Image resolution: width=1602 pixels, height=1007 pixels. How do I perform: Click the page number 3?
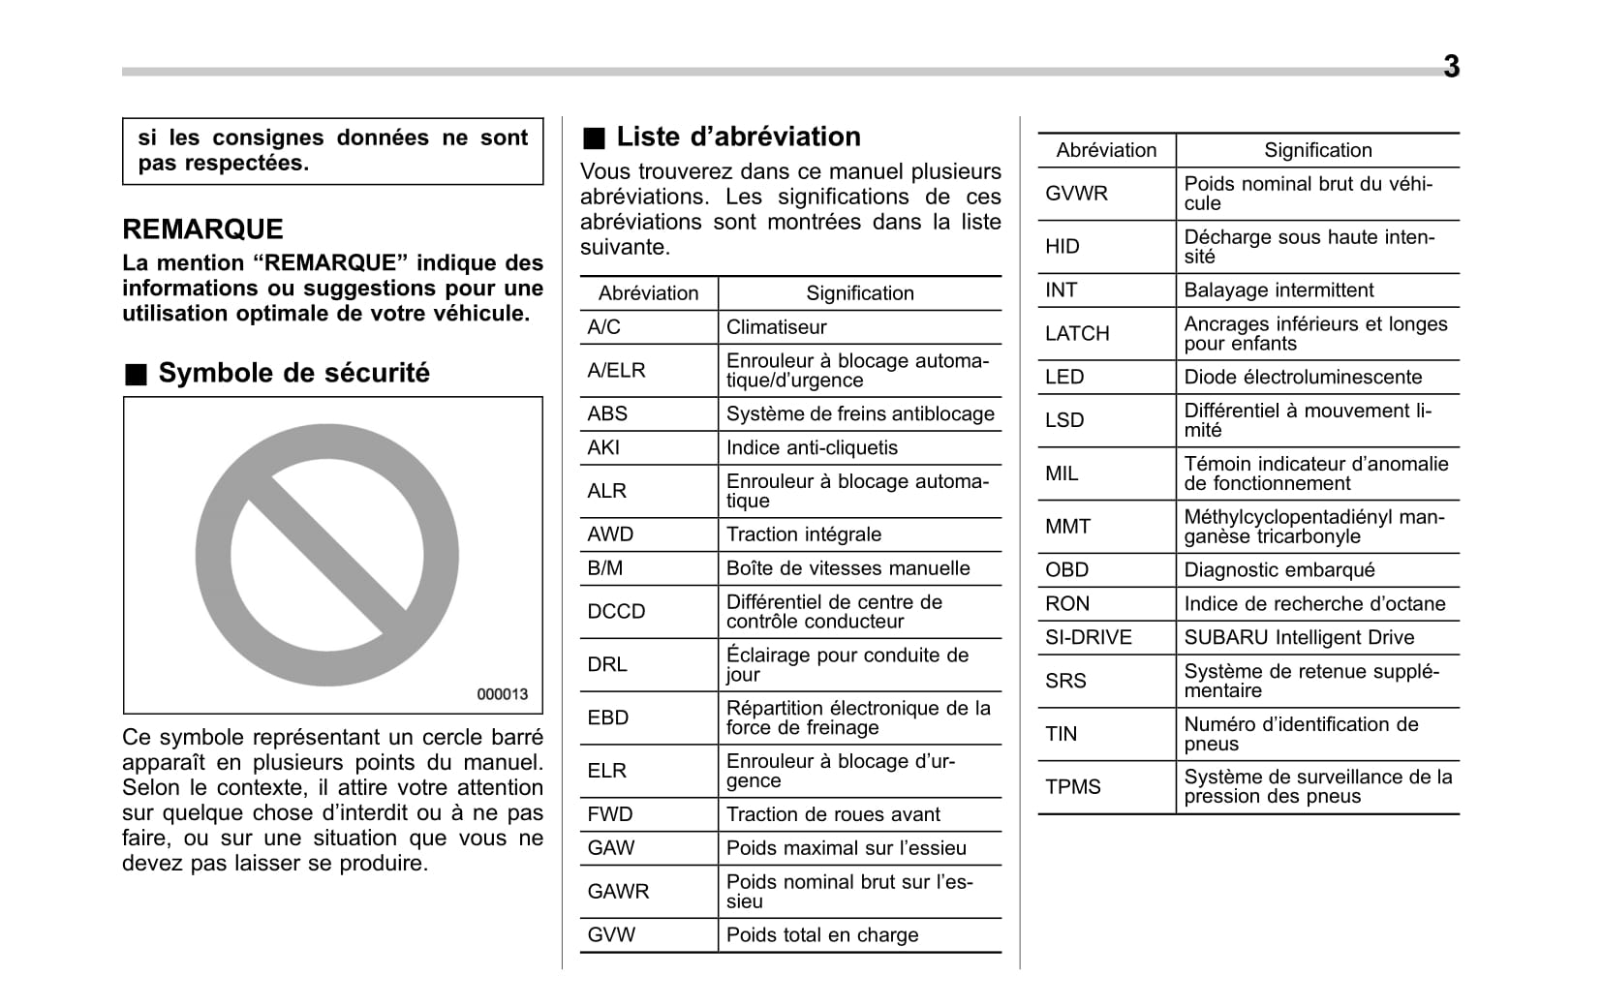1451,67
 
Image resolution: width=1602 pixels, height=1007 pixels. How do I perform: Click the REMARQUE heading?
202,229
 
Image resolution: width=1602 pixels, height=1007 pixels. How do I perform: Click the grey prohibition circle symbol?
327,556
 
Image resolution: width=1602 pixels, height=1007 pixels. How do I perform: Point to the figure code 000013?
502,694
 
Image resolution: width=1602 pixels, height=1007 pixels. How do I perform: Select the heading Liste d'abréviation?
737,137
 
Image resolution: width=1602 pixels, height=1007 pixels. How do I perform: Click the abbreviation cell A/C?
603,327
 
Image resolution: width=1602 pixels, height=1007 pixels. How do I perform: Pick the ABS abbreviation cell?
607,413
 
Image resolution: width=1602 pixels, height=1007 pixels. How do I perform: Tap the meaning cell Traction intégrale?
804,534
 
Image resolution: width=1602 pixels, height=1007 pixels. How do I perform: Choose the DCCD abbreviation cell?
616,612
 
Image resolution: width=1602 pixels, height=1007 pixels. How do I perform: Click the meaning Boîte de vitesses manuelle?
847,568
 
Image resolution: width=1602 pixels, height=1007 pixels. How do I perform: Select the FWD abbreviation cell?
609,814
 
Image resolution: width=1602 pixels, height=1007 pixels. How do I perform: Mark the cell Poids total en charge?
822,935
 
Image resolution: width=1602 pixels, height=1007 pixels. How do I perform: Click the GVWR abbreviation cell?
1076,194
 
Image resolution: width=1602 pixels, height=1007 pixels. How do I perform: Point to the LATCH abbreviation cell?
1077,334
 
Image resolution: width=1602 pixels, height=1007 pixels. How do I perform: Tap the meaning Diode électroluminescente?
1303,378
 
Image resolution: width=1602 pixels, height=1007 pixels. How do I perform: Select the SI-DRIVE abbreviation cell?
1088,637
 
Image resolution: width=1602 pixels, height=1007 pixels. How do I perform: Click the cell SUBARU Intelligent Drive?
1299,637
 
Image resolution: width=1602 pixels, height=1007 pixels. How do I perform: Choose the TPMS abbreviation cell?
1072,787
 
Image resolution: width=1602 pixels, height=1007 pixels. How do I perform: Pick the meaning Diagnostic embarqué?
1279,570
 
